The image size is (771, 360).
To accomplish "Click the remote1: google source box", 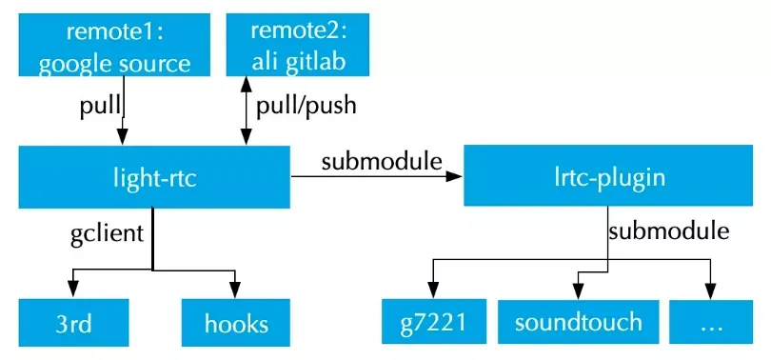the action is point(114,45).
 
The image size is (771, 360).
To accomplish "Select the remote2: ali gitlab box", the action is point(298,45).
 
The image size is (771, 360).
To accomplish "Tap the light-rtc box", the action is point(154,177).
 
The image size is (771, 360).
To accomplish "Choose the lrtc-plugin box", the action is point(608,175).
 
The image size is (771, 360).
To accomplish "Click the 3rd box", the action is point(73,323).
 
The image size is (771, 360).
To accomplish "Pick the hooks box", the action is point(236,323).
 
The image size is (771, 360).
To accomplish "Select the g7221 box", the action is point(434,322).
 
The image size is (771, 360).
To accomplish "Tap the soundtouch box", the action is point(579,322).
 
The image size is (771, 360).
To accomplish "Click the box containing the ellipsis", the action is point(711,322).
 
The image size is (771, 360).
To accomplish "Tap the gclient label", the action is point(108,233).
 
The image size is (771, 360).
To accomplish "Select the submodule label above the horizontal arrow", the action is point(382,161).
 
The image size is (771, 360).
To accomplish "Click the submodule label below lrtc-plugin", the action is point(669,230).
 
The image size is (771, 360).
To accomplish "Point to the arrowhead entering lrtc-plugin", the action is point(454,176).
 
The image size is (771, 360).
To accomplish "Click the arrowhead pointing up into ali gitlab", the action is point(247,85).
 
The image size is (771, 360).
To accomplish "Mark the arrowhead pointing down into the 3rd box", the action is point(73,290).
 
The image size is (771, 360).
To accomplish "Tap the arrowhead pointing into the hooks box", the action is point(235,290).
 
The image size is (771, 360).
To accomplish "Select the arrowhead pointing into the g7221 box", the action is point(433,290).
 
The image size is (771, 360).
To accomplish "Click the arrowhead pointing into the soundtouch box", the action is point(579,290).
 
